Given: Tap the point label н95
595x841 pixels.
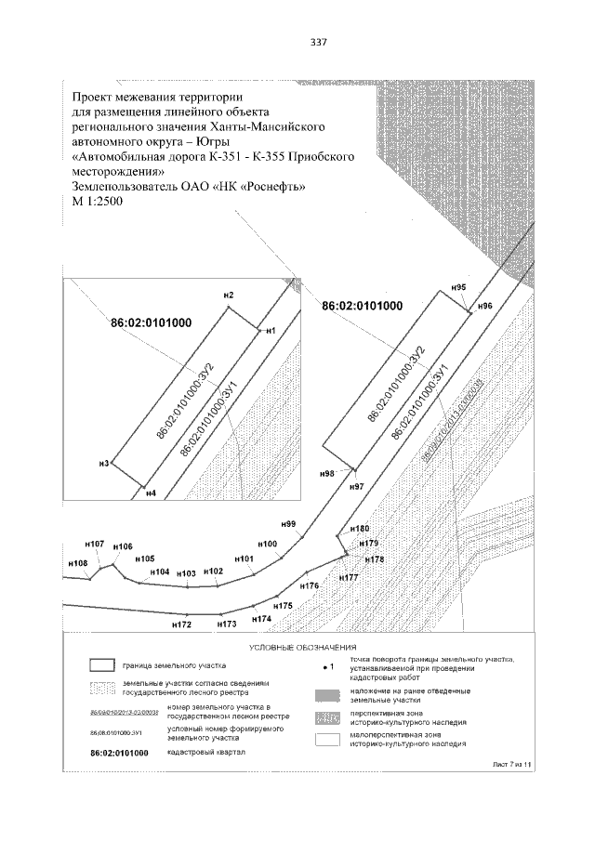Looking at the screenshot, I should pyautogui.click(x=457, y=288).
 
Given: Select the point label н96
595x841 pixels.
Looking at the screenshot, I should pyautogui.click(x=484, y=306).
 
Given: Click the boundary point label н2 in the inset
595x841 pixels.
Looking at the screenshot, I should pyautogui.click(x=229, y=295).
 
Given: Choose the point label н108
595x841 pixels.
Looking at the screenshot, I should pyautogui.click(x=78, y=563).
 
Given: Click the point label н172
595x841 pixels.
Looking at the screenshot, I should pyautogui.click(x=181, y=625).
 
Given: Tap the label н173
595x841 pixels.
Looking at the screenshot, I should pyautogui.click(x=227, y=625).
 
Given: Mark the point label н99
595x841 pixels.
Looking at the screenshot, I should pyautogui.click(x=288, y=525).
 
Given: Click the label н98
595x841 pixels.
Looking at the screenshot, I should pyautogui.click(x=326, y=474).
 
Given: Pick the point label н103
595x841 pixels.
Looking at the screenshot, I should pyautogui.click(x=186, y=573).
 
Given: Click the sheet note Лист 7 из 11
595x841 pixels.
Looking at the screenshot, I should pyautogui.click(x=514, y=763).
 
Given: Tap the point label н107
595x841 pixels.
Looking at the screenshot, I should pyautogui.click(x=94, y=543).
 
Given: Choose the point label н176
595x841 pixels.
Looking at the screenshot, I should pyautogui.click(x=310, y=586).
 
